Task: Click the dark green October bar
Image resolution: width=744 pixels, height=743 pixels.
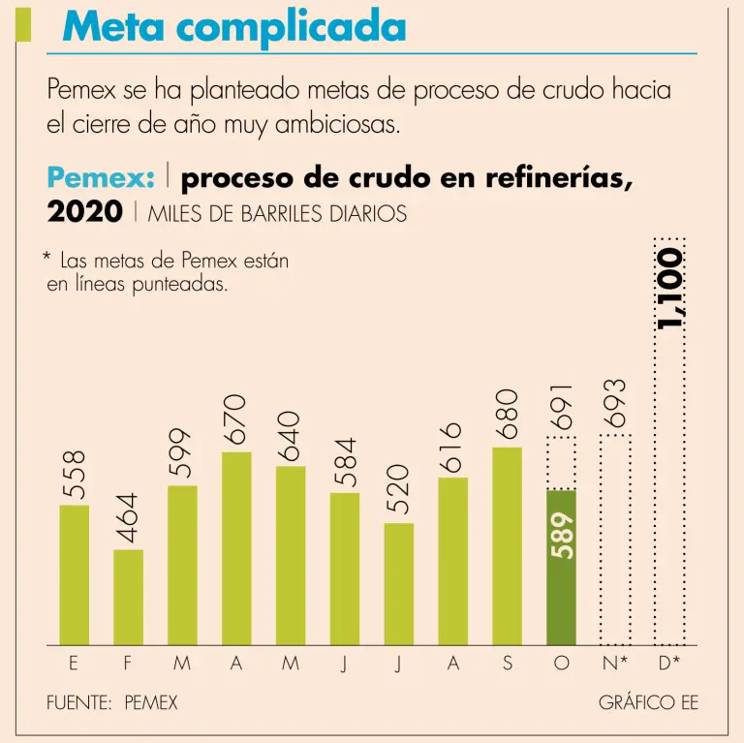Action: coord(561,567)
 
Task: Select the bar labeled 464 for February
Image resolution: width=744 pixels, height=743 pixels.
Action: coord(128,597)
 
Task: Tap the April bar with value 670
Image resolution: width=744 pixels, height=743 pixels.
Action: coord(236,548)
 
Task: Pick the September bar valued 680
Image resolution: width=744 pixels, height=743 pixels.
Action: coord(507,545)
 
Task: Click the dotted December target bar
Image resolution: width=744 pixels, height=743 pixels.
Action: coord(669,484)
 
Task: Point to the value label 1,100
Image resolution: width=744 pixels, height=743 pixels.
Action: coord(669,288)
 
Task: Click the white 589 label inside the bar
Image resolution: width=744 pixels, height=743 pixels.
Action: coord(562,535)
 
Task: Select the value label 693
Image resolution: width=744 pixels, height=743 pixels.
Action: coord(615,405)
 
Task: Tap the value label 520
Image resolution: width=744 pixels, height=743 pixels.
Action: coord(398,487)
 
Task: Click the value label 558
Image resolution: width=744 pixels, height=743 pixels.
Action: coord(75,475)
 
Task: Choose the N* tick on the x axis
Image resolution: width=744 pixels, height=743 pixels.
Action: coord(615,666)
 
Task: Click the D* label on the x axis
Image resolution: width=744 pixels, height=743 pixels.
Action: coord(669,666)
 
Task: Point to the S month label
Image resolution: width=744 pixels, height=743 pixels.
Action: coord(507,666)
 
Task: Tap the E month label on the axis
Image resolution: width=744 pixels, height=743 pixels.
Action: coord(74,666)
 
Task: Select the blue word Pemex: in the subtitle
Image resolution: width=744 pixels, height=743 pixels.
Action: coord(101,178)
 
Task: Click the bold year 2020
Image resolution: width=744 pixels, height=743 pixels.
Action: coord(84,211)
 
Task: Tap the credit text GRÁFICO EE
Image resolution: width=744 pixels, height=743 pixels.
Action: coord(648,702)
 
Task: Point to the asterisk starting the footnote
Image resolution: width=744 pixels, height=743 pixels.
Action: coord(46,259)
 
